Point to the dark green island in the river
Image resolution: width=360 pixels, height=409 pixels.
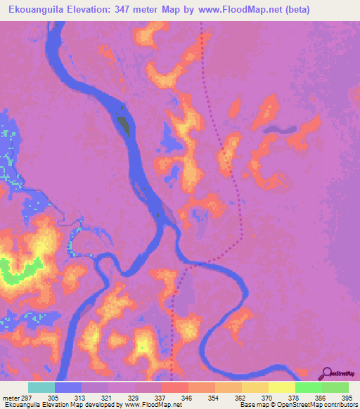point(124,124)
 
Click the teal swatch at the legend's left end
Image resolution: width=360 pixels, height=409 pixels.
point(41,387)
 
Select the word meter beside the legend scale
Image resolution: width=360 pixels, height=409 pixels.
point(10,397)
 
